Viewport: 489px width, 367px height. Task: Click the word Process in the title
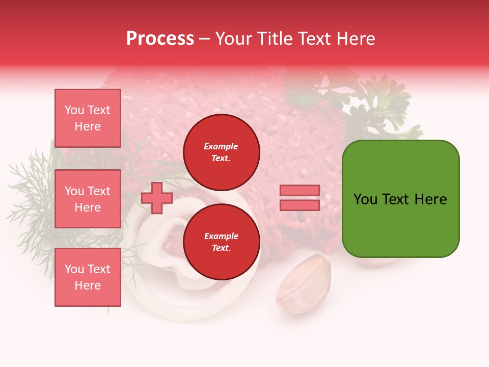coord(160,39)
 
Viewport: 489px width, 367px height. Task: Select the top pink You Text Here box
coord(88,118)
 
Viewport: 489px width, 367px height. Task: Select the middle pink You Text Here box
coord(88,199)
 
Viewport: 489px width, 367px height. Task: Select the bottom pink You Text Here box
coord(88,277)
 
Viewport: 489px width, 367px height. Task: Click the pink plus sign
coord(156,198)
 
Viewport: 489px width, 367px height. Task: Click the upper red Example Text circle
coord(221,152)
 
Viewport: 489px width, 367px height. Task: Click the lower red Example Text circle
coord(221,242)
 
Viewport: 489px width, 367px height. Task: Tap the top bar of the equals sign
coord(300,191)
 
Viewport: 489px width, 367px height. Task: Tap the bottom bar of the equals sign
coord(300,205)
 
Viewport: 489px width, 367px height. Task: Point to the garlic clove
coord(304,283)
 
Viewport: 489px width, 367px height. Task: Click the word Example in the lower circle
coord(221,236)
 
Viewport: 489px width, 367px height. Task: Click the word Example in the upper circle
coord(221,146)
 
